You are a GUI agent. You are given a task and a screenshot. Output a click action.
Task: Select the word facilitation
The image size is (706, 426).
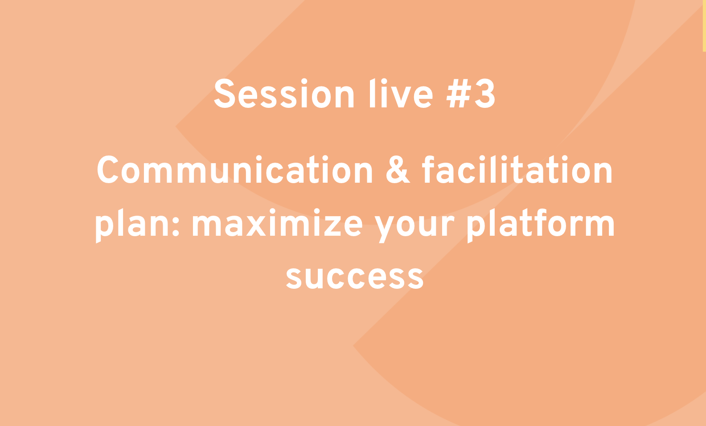517,169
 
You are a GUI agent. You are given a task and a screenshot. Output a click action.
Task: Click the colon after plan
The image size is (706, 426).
176,226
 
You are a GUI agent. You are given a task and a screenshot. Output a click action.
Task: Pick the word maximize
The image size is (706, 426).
277,223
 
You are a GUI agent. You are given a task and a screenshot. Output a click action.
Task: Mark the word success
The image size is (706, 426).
355,278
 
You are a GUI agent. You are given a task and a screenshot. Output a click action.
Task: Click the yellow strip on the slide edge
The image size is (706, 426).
704,25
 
